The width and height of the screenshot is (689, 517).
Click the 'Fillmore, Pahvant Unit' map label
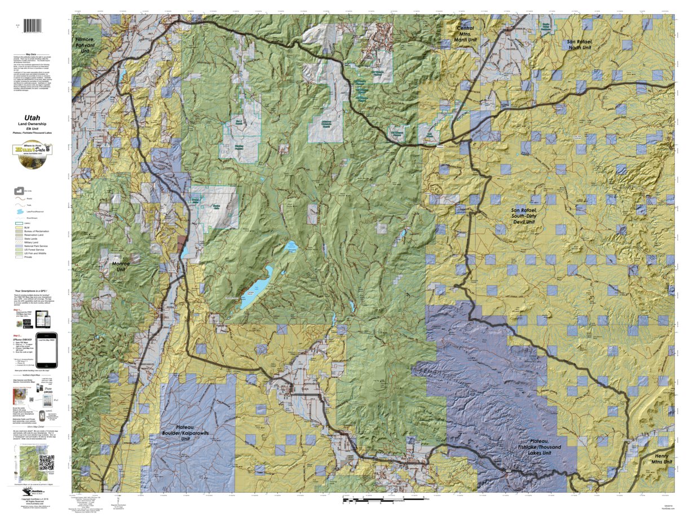pyautogui.click(x=85, y=45)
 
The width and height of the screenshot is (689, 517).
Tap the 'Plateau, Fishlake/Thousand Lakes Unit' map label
pyautogui.click(x=545, y=449)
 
